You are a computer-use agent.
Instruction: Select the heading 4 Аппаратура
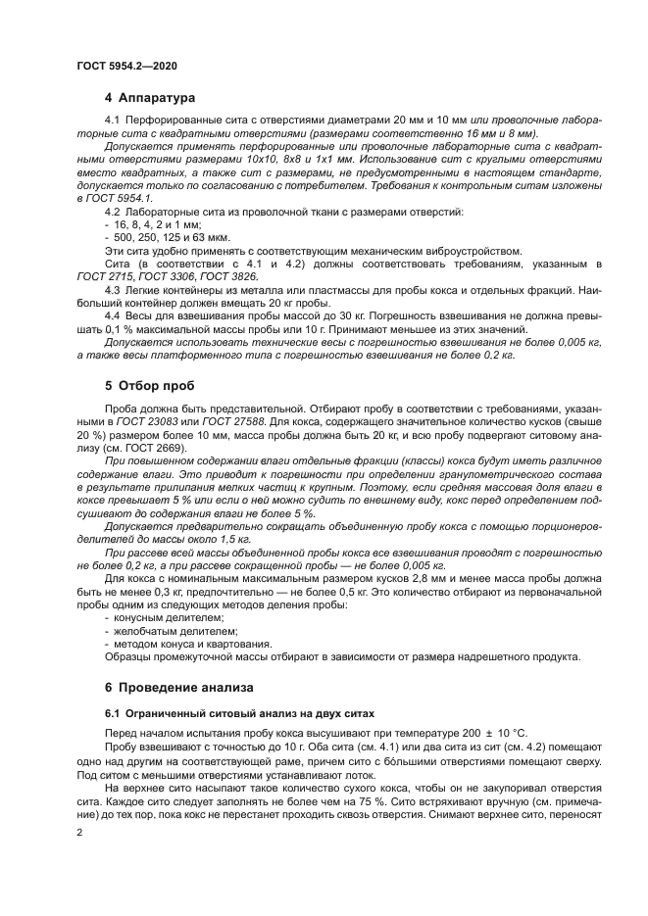tap(150, 98)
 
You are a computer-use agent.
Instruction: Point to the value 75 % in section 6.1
tap(367, 795)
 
